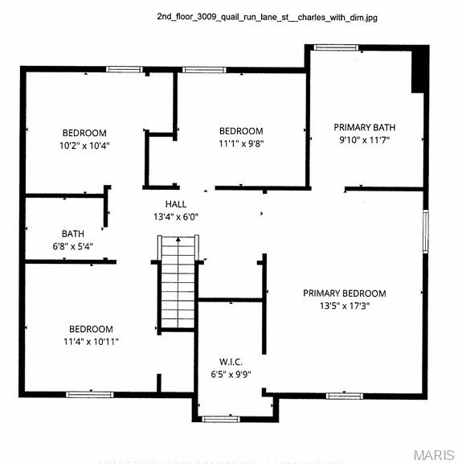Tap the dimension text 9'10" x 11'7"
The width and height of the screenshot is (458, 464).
[x=365, y=141]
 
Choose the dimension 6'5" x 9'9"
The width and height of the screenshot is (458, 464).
[x=231, y=375]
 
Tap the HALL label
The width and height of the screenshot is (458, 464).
[x=176, y=204]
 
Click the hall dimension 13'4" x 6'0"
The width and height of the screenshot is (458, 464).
[x=176, y=216]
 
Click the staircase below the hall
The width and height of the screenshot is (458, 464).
[x=178, y=282]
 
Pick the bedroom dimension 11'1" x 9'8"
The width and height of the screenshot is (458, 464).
[x=241, y=143]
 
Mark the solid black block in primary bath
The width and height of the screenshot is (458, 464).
[x=419, y=71]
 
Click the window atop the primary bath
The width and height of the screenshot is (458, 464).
[x=337, y=47]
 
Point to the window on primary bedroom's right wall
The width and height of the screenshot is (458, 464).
[x=425, y=232]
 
